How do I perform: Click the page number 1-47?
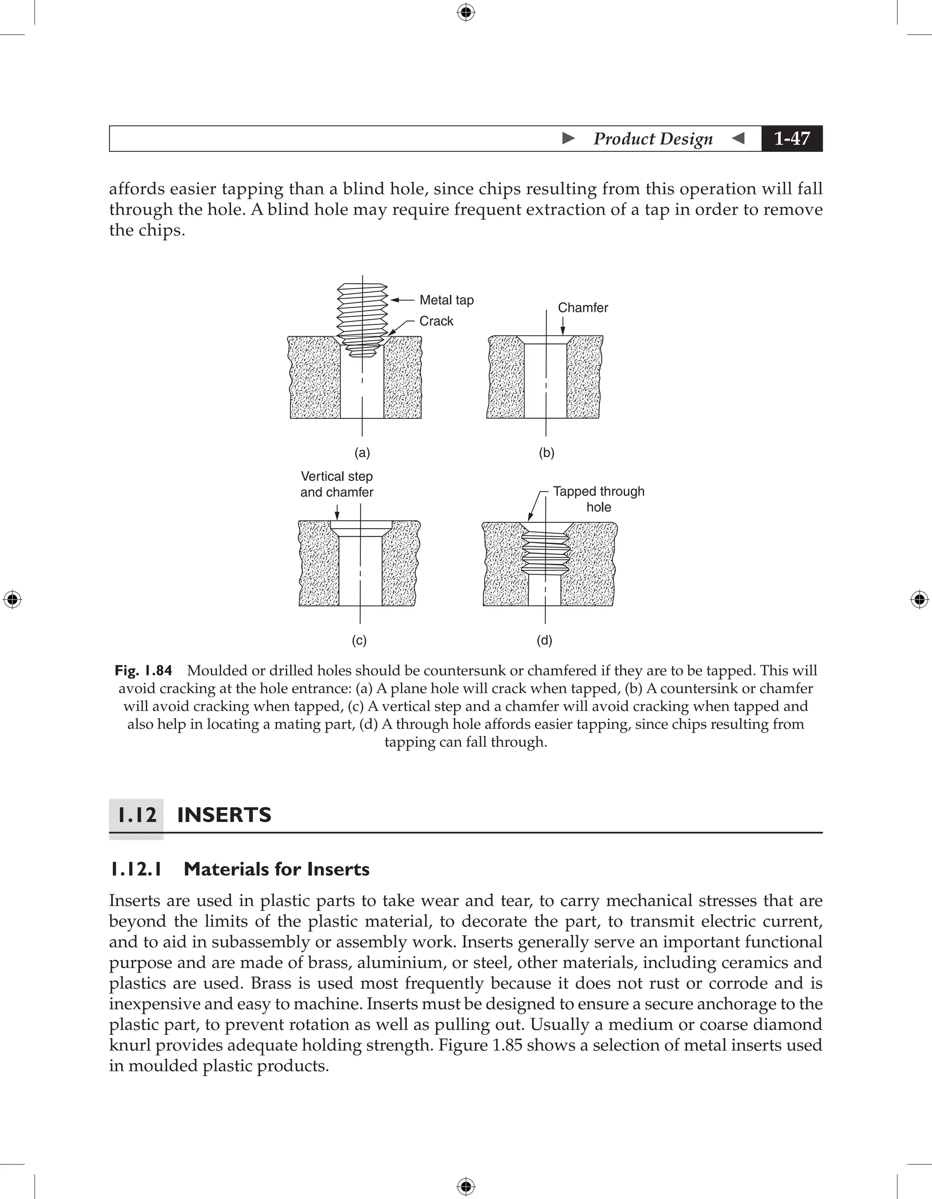791,138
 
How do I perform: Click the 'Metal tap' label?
446,300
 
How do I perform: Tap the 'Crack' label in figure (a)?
436,321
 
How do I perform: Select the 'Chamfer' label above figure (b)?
582,307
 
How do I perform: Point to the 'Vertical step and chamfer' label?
337,484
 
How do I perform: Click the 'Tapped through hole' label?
598,499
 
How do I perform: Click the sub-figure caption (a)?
362,453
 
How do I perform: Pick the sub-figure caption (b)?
547,453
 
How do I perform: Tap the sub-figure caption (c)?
359,640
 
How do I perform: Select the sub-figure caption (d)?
544,640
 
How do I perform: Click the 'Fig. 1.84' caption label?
143,670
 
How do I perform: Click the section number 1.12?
137,815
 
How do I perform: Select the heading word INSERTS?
224,815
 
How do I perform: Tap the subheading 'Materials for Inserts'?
276,869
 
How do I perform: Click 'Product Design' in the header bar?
653,138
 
